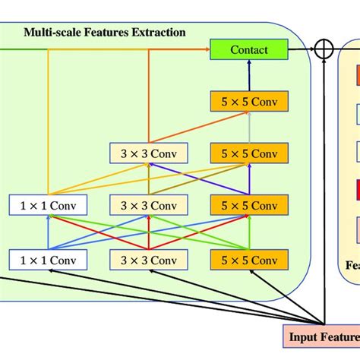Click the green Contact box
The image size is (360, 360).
tap(249, 50)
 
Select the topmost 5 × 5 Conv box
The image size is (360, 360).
tap(249, 103)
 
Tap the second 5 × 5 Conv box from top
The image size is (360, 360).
tap(249, 154)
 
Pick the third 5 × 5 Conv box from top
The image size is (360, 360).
tap(249, 205)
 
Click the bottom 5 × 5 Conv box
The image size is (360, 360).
tap(249, 260)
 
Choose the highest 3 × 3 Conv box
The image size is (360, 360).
tap(149, 154)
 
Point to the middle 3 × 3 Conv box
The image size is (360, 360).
tap(149, 205)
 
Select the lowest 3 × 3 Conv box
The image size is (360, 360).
tap(149, 260)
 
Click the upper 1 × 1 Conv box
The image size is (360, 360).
tap(48, 205)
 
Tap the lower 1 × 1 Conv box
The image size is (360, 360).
tap(48, 260)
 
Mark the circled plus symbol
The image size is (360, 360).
tap(324, 50)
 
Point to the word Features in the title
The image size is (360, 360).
tap(104, 33)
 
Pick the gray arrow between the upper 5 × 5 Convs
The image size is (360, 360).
tap(249, 128)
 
